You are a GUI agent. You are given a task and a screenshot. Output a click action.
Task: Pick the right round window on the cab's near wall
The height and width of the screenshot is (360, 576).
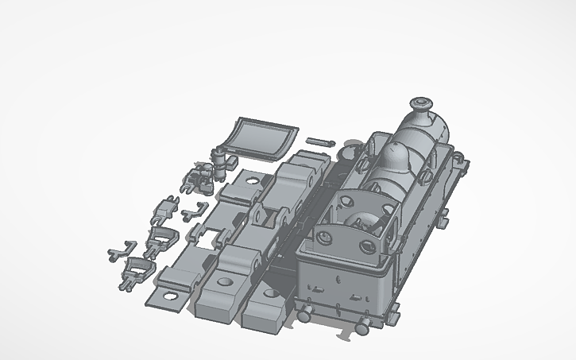point(366,247)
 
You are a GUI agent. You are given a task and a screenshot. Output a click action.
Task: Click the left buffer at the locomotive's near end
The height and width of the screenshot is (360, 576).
point(304,314)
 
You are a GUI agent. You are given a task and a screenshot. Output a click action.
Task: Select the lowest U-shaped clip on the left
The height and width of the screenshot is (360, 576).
point(136,270)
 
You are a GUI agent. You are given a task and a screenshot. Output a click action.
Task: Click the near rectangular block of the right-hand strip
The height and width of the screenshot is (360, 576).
point(266,311)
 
